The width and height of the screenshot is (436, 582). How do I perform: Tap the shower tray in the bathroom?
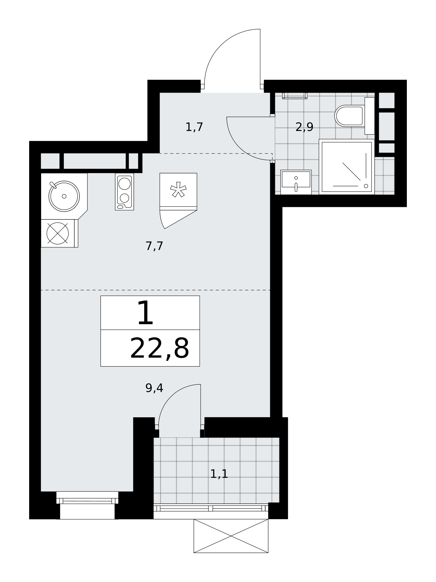[x=347, y=167]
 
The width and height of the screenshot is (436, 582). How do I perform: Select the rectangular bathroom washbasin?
[x=296, y=182]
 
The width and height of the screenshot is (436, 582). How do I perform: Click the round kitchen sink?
[x=64, y=196]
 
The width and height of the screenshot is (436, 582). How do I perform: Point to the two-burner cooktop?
[x=124, y=191]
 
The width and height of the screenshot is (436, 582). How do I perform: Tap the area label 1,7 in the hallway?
[x=194, y=127]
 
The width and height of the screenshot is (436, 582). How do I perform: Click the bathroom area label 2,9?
[x=304, y=127]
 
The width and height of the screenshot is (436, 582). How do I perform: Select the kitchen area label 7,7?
[x=154, y=246]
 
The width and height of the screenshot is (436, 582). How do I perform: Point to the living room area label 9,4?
[x=154, y=388]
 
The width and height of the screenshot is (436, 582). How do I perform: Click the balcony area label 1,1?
[x=219, y=474]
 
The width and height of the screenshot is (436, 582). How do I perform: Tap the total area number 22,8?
[x=159, y=348]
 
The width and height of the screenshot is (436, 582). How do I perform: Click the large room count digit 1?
[x=145, y=313]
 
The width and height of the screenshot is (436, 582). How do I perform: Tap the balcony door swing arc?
[x=170, y=397]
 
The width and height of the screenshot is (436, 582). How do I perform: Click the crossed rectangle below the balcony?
[x=231, y=536]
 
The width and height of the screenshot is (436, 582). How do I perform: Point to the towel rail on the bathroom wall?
[x=295, y=96]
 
